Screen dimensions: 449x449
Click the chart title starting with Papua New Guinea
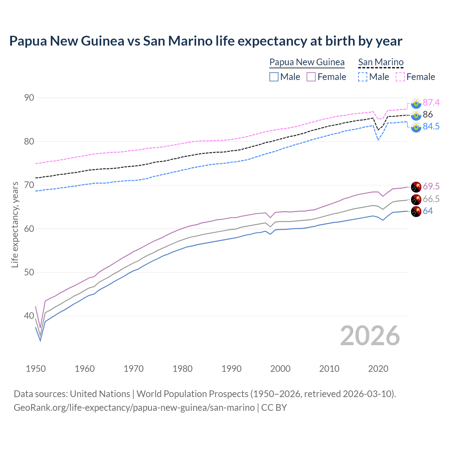point(206,41)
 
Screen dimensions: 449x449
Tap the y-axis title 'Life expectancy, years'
point(15,224)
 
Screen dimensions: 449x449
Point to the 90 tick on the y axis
point(29,98)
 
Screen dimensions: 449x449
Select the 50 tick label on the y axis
point(29,272)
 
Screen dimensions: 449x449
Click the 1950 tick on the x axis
point(36,369)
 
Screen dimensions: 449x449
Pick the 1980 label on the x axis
point(182,369)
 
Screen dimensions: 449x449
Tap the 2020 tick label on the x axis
point(378,369)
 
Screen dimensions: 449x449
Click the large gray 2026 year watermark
point(370,336)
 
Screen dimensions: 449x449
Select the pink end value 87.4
point(431,102)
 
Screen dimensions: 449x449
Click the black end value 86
point(428,114)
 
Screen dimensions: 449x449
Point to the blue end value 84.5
point(431,126)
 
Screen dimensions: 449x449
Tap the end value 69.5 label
point(431,186)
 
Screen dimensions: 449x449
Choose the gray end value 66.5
point(431,199)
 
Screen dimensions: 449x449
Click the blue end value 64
point(428,211)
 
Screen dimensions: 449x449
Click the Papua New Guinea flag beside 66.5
point(416,199)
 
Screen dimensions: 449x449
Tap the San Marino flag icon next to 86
point(416,115)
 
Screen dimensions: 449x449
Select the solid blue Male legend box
point(274,77)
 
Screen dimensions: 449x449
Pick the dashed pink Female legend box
point(400,77)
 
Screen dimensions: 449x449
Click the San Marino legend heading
point(381,62)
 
